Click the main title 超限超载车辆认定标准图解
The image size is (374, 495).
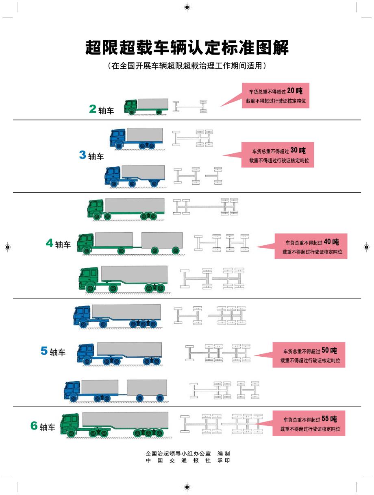tap(187, 48)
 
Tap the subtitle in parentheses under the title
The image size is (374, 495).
tap(187, 65)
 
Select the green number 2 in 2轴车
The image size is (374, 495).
tap(93, 109)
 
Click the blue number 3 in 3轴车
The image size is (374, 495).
tap(83, 155)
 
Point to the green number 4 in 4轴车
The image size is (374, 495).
tap(50, 243)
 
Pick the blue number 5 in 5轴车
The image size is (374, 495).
tap(44, 351)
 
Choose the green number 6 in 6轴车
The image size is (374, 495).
tap(34, 426)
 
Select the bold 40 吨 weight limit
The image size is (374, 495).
tap(331, 242)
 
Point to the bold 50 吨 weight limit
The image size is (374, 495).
tap(329, 350)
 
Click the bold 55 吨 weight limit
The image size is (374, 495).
tap(329, 419)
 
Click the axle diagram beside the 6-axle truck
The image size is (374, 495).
tap(222, 424)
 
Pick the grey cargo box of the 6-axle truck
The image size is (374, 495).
tap(125, 419)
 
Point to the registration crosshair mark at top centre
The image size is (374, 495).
tap(187, 7)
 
